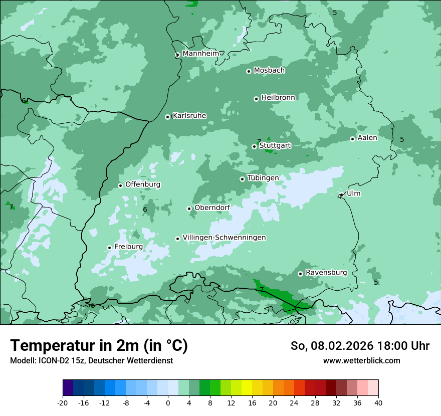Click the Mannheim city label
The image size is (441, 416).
pos(200,53)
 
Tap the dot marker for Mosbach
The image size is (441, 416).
pos(249,71)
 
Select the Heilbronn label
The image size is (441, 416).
pos(278,98)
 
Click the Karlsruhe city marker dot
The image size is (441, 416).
pos(168,117)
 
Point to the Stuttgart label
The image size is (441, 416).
pos(275,146)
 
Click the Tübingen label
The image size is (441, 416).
pos(263,178)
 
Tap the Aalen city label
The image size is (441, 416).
pos(367,138)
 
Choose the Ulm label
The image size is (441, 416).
pos(353,193)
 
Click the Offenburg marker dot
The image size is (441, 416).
pos(120,185)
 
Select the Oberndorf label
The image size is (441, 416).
pos(212,207)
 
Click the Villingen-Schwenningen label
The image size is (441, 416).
pos(224,238)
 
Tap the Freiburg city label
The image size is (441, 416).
pos(129,247)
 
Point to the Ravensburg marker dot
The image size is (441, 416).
pos(300,274)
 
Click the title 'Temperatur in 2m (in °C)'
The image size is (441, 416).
pos(99,346)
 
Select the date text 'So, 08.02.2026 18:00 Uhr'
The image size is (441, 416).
pos(360,346)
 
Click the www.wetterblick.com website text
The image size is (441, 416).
pos(361,361)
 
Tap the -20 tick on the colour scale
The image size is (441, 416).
pos(63,403)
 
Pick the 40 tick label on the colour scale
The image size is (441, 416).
pos(378,403)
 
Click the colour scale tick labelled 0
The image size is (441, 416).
pos(168,403)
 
